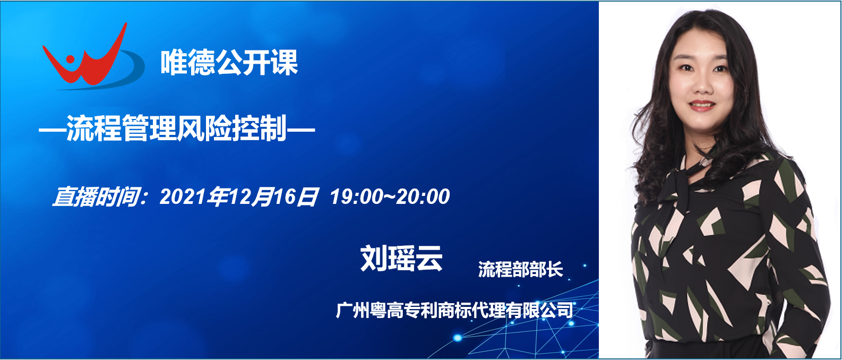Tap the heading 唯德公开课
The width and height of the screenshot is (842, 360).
pyautogui.click(x=229, y=62)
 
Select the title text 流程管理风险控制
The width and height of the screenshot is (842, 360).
pyautogui.click(x=177, y=128)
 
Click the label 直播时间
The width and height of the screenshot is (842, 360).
pyautogui.click(x=96, y=196)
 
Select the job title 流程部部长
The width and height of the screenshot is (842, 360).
pyautogui.click(x=521, y=269)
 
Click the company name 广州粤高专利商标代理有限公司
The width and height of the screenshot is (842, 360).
pyautogui.click(x=454, y=310)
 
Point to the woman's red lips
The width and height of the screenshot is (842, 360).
pyautogui.click(x=702, y=106)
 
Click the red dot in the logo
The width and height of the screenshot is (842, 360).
pyautogui.click(x=70, y=59)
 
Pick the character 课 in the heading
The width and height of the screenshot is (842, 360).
pyautogui.click(x=285, y=62)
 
